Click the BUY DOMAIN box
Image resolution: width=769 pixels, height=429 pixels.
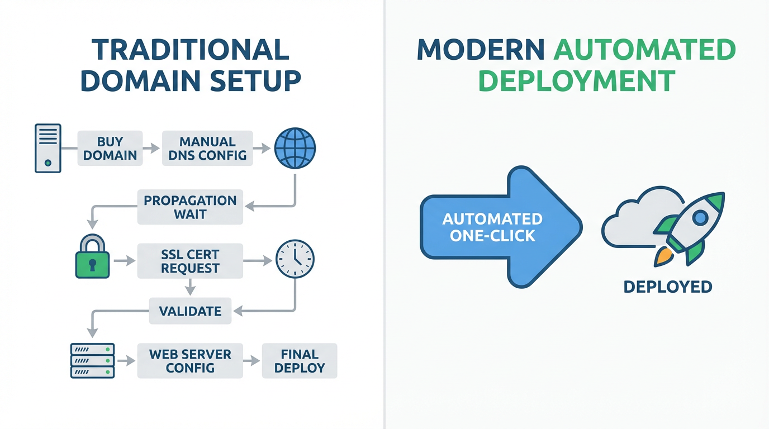110,149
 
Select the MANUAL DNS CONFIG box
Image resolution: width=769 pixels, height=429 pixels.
207,149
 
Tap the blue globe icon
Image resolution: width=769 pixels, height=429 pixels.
295,149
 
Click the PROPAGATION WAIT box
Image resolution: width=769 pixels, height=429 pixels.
190,207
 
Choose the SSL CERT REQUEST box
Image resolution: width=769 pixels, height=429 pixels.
190,261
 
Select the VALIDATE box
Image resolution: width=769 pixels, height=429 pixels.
190,311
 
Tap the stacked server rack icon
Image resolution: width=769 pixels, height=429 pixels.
92,361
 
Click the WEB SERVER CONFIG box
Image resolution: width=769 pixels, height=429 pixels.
190,361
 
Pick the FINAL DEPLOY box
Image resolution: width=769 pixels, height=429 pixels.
300,361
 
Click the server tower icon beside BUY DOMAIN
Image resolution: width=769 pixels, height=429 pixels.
48,149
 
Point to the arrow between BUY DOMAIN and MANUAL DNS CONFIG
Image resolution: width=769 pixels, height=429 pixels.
152,149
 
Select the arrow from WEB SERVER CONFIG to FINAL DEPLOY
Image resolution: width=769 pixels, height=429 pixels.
253,361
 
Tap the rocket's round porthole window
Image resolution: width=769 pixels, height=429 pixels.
700,218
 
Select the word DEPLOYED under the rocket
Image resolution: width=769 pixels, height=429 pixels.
667,287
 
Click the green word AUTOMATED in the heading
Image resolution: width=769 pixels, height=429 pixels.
644,50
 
